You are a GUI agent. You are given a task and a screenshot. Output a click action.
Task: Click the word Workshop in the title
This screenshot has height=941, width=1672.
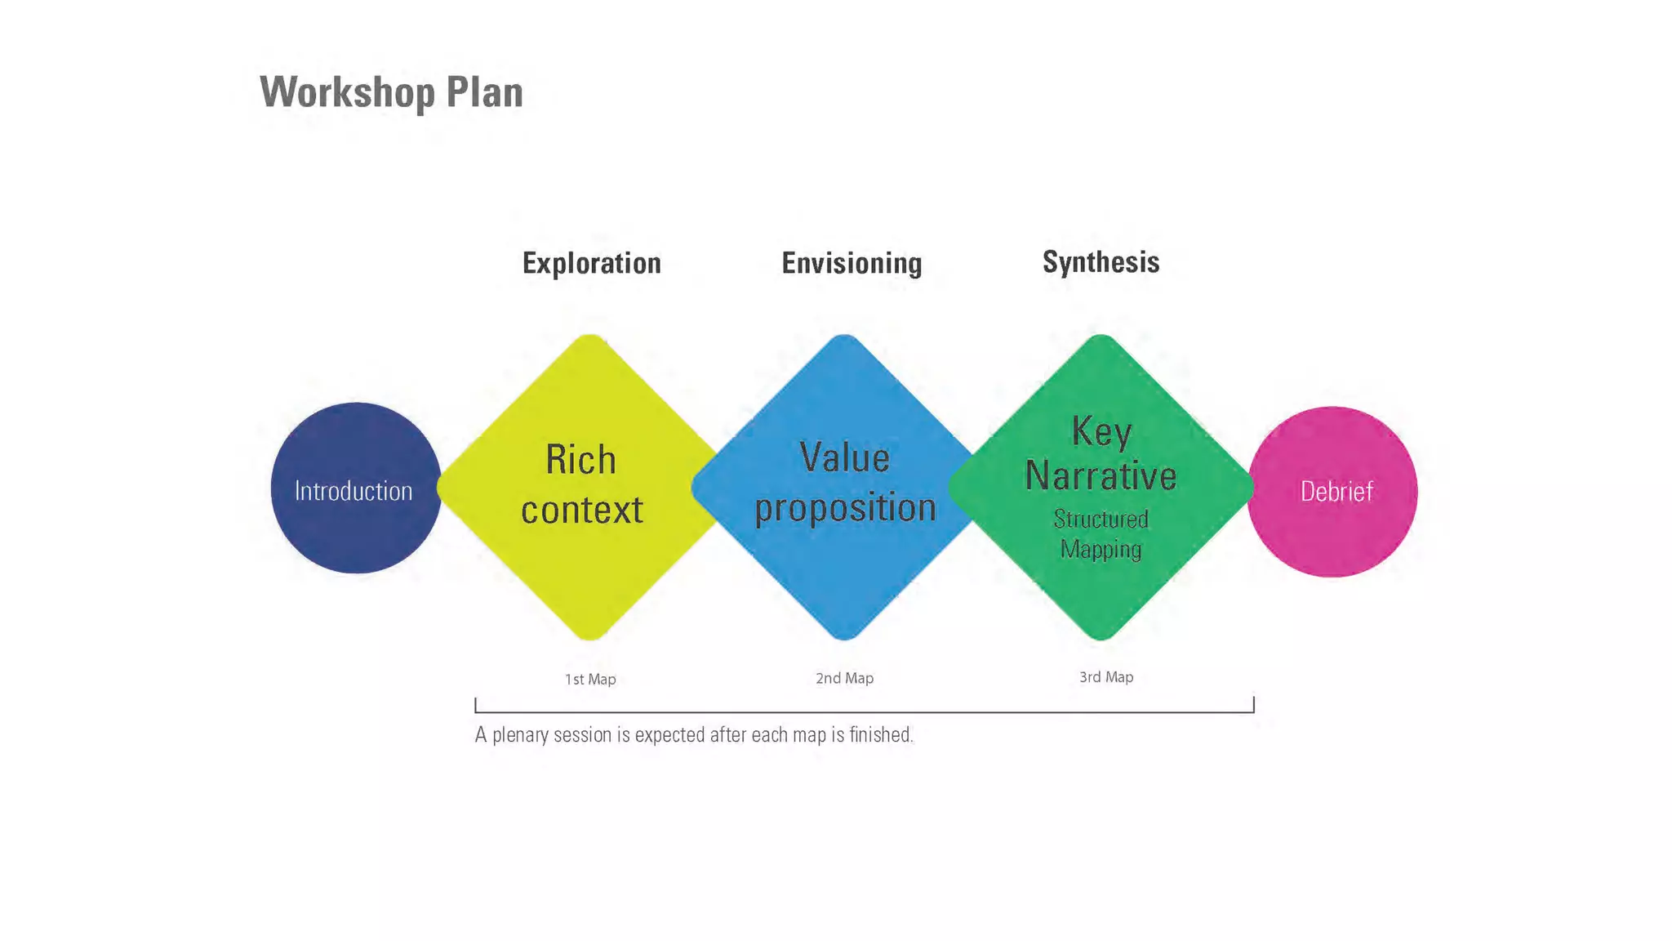coord(347,92)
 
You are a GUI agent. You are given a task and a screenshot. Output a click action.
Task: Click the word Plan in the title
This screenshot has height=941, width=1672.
coord(484,92)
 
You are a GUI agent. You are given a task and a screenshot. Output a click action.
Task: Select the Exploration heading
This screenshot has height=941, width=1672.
coord(591,263)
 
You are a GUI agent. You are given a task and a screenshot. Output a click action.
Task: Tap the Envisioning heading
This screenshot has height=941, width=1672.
coord(852,263)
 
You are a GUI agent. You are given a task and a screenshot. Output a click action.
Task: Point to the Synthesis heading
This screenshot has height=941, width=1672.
coord(1101,262)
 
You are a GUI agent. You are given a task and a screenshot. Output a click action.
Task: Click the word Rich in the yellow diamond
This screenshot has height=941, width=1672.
coord(580,460)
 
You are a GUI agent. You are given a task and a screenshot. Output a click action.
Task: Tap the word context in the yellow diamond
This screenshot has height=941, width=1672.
coord(582,510)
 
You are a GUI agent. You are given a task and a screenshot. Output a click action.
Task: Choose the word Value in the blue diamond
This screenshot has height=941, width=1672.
coord(844,457)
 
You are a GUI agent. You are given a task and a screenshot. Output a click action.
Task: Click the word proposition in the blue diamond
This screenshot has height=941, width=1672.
coord(845,508)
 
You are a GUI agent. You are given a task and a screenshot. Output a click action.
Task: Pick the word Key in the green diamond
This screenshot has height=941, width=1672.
coord(1101,430)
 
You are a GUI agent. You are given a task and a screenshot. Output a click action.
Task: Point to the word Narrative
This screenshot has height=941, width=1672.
coord(1101,475)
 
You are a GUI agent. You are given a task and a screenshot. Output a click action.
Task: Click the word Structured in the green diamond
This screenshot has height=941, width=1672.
coord(1101,520)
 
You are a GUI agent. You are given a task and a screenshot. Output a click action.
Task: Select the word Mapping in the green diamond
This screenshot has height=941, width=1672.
coord(1101,549)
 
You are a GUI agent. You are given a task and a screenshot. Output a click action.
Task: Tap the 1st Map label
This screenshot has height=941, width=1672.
coord(590,680)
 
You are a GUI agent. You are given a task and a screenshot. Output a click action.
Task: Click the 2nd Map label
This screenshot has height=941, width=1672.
coord(844,678)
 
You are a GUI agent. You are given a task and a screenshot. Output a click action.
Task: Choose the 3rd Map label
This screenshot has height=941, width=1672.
coord(1106,677)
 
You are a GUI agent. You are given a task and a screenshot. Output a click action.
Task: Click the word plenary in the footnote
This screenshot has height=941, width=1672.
coord(520,736)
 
